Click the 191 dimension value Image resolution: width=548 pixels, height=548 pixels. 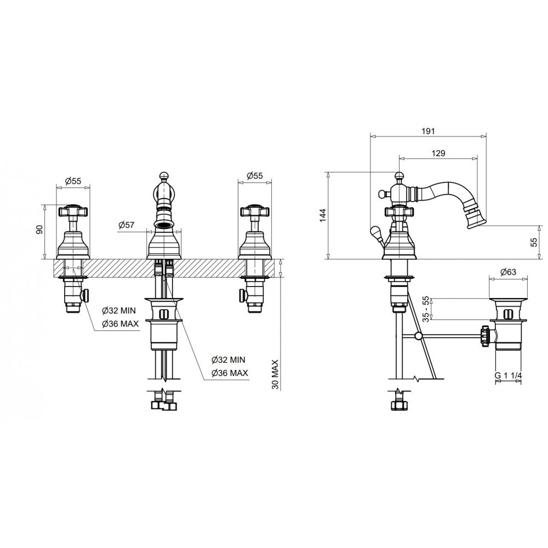429,131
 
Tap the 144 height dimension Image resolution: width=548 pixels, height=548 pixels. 323,215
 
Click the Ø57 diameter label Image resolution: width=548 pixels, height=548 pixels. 127,225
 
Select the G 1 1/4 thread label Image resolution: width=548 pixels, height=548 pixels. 508,376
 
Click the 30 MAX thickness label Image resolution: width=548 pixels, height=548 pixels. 276,374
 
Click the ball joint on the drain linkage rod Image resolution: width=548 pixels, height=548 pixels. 419,336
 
